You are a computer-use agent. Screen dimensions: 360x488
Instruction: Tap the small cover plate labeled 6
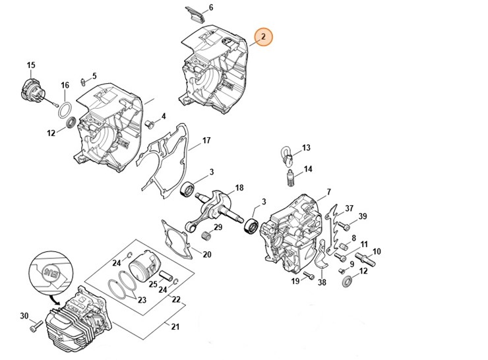coord(194,16)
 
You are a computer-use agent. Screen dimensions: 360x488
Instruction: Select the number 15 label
coord(30,65)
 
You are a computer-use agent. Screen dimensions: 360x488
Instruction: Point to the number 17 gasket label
coord(206,140)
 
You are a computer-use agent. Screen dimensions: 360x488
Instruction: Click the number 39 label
coord(363,217)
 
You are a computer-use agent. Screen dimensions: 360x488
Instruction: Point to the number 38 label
coord(321,283)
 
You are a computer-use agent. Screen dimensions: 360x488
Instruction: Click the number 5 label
coord(94,76)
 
